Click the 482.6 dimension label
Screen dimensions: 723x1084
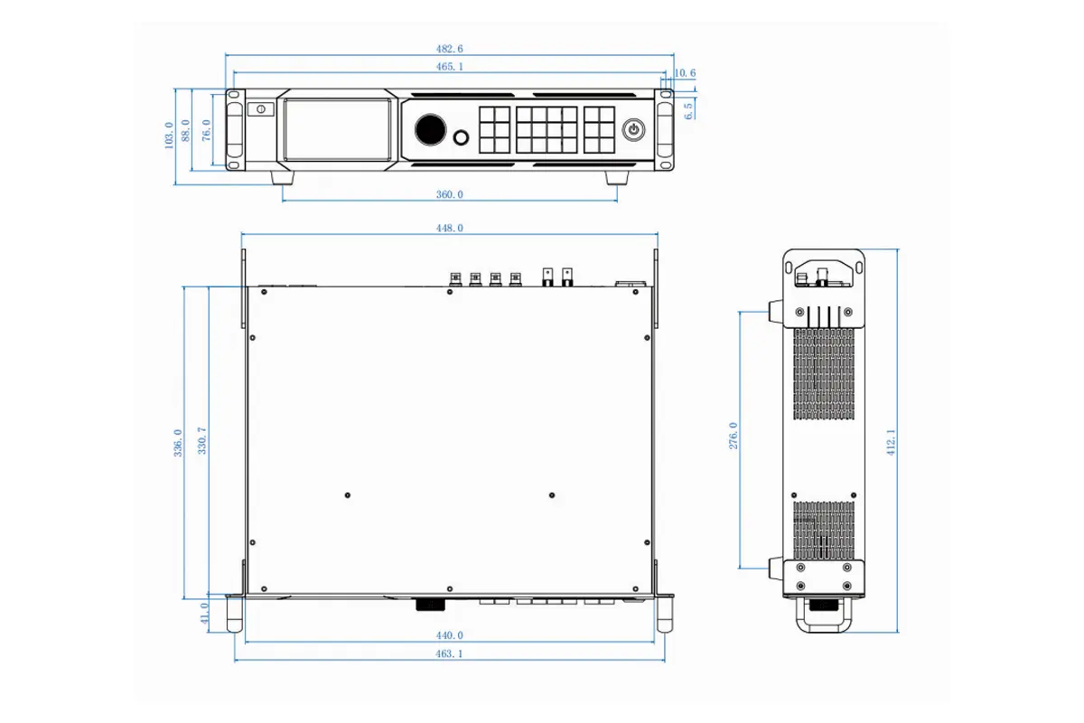pos(449,49)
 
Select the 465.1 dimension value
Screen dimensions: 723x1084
pos(449,67)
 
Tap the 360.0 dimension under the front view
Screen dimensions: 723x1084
pos(449,194)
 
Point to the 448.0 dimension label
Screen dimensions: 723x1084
pos(449,229)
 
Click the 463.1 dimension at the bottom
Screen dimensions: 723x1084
pos(449,653)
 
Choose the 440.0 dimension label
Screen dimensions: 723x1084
pos(449,636)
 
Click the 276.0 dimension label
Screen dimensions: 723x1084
pos(734,436)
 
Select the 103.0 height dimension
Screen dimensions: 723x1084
pos(169,136)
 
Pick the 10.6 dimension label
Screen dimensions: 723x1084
pos(685,73)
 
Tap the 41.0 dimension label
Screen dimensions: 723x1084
pos(204,615)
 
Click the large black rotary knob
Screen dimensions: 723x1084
pos(431,129)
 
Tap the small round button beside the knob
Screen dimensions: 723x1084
pos(462,138)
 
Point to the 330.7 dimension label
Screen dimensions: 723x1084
pos(201,441)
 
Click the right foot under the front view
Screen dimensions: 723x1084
pos(619,179)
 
